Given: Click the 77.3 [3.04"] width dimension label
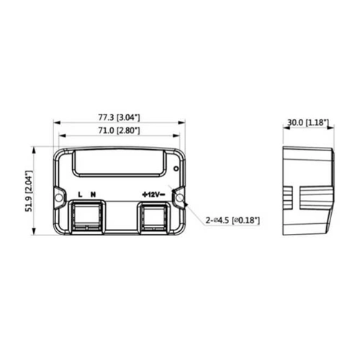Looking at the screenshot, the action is pos(119,117).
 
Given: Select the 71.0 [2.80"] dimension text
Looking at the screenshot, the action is pos(119,130).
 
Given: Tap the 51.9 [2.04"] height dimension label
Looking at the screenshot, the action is pos(29,191).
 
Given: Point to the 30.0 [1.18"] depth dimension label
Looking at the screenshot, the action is pos(308,122).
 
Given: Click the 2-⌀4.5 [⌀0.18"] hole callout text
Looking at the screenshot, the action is pos(233,220).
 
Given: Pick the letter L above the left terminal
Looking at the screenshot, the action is pos(81,194).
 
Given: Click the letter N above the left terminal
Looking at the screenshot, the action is pos(93,194).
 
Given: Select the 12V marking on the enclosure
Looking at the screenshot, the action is pos(153,194).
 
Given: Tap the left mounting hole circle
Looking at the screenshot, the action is pos(58,198).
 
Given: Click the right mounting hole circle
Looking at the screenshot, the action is pos(179,199).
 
